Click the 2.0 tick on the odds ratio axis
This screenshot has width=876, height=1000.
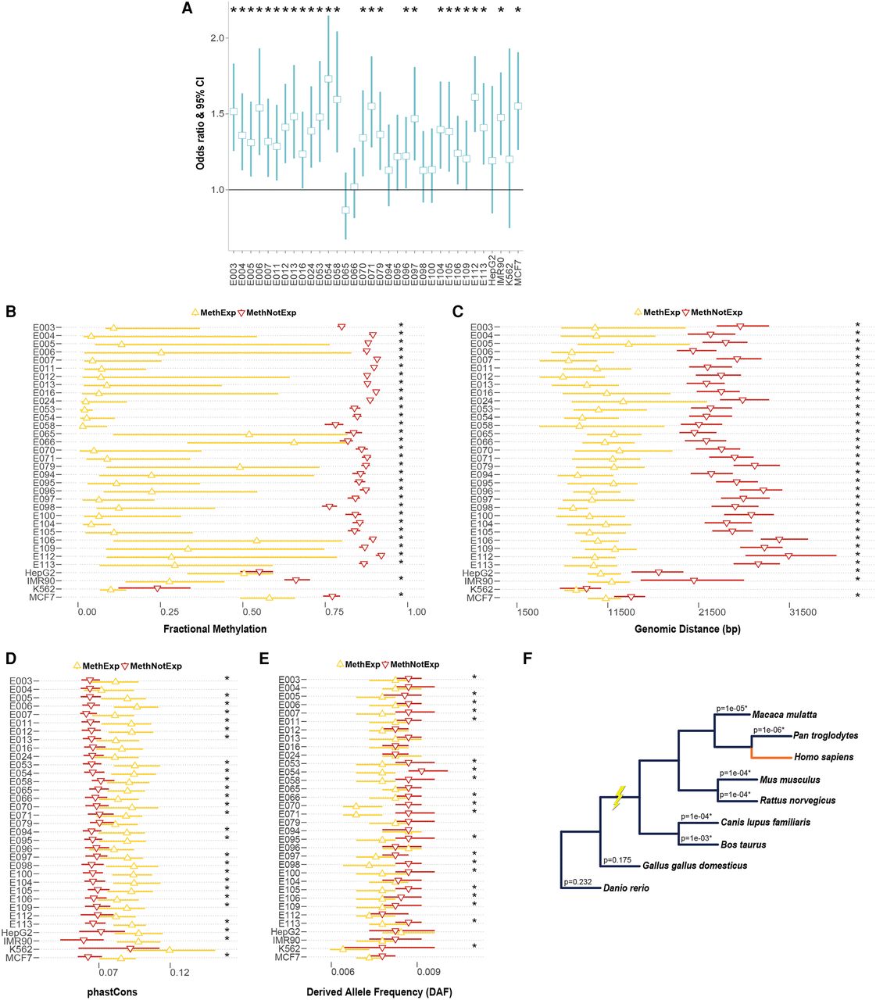(x=217, y=38)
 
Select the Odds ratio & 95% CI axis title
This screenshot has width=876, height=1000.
(x=200, y=123)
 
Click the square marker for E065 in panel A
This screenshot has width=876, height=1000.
(x=345, y=210)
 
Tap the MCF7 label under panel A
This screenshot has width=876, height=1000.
(x=518, y=273)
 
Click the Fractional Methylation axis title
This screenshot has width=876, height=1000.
(x=215, y=629)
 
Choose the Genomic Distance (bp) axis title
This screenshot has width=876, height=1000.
(x=688, y=629)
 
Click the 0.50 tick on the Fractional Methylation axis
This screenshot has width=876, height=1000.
(x=252, y=612)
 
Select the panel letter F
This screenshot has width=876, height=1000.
(x=527, y=659)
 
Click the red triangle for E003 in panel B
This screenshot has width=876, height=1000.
(x=341, y=327)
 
